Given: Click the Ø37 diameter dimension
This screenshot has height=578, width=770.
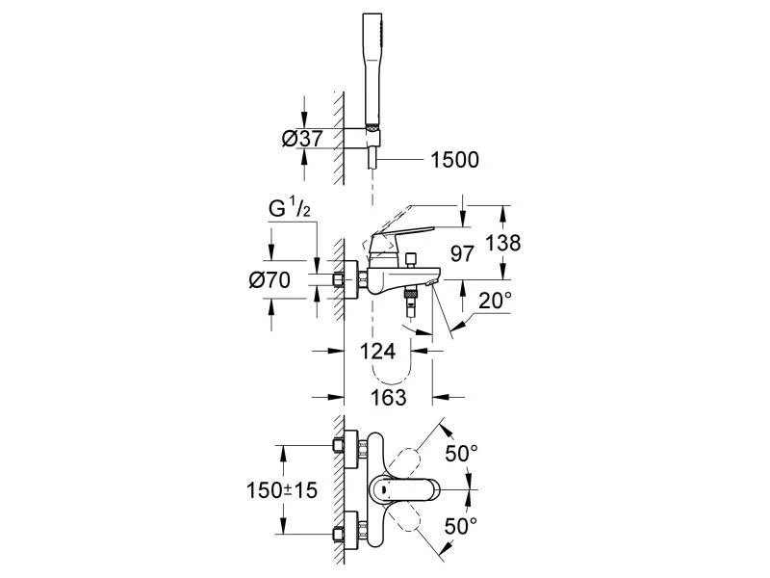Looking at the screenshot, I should point(301,139).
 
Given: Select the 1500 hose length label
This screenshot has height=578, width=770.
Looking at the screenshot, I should point(454,160).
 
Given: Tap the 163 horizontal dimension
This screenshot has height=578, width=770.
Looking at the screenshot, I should point(388,396).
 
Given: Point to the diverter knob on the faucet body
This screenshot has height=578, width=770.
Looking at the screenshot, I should point(409,259).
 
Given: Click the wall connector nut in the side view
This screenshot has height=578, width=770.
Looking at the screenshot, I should point(339,280).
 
